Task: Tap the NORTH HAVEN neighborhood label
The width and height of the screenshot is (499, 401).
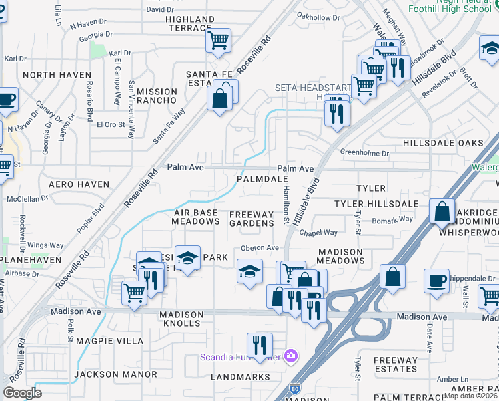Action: point(47,75)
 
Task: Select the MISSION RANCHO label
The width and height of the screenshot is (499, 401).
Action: point(153,96)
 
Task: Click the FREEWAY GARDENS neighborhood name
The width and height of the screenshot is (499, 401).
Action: point(252,219)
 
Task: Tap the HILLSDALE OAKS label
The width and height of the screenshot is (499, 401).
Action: point(443,144)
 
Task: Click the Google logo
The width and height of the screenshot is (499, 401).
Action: point(23,392)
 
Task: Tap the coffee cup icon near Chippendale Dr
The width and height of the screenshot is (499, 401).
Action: point(437,281)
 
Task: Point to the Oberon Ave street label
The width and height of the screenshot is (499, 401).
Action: point(260,247)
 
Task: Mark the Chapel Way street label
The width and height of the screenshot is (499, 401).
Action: point(318,233)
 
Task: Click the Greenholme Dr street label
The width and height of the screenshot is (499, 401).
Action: point(364,153)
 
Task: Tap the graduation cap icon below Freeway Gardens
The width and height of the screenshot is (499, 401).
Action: point(249,271)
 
